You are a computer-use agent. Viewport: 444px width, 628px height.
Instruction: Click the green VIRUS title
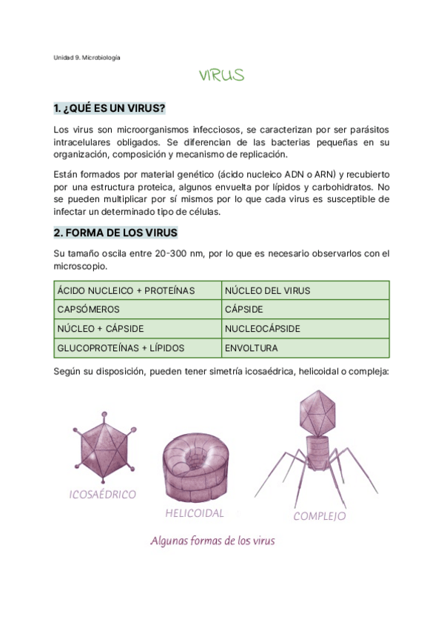[x=221, y=76]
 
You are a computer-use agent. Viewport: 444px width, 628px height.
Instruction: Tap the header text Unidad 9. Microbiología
[x=87, y=57]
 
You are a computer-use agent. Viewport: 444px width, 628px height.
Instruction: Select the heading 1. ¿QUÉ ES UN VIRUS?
[x=110, y=108]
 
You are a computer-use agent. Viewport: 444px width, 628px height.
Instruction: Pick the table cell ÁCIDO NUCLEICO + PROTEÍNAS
[x=126, y=290]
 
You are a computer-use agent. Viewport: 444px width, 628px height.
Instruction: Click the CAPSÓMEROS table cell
[x=88, y=310]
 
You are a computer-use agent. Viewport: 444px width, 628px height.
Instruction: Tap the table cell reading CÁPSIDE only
[x=243, y=310]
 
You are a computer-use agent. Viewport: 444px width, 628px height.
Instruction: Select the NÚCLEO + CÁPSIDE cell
[x=101, y=328]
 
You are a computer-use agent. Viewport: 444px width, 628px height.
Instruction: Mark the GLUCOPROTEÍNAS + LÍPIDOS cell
[x=121, y=347]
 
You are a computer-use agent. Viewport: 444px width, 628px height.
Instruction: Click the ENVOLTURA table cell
[x=252, y=347]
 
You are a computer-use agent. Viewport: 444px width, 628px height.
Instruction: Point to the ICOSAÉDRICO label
[x=102, y=494]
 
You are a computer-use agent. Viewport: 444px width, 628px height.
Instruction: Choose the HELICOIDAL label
[x=195, y=512]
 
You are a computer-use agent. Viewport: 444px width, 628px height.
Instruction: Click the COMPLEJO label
[x=320, y=516]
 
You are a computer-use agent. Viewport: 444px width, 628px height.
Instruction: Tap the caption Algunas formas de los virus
[x=212, y=541]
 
